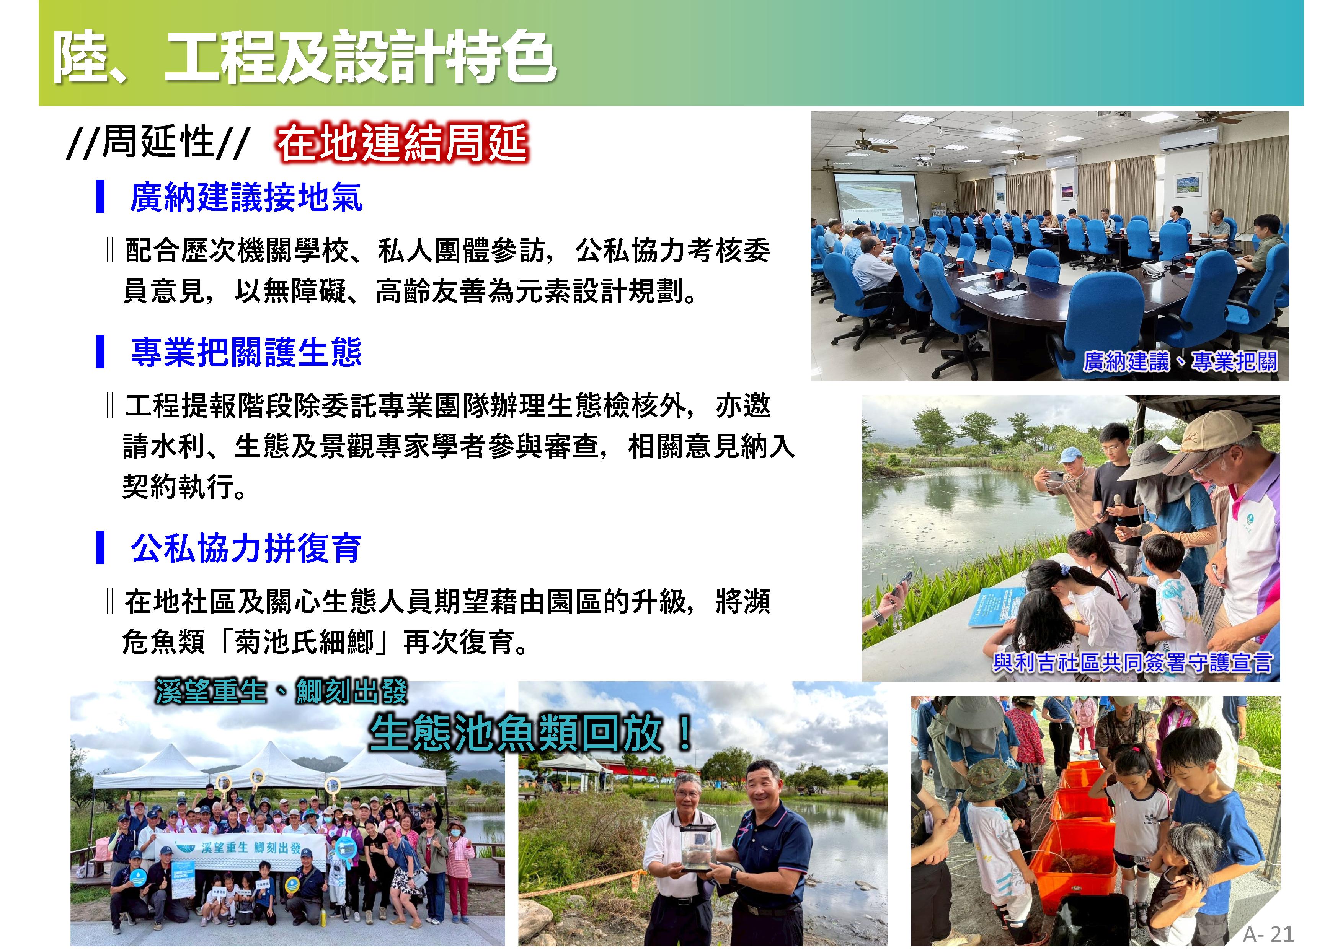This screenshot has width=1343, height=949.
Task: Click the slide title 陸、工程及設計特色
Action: click(304, 57)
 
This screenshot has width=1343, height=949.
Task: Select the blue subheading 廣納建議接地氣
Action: click(246, 197)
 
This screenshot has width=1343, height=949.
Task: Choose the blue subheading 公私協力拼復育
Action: click(246, 548)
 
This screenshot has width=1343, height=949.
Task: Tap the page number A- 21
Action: click(1268, 934)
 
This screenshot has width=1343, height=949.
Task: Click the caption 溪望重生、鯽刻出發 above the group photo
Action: click(281, 692)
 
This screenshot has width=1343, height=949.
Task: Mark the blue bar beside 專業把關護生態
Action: click(100, 352)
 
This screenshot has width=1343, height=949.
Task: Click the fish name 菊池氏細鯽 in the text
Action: click(303, 642)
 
